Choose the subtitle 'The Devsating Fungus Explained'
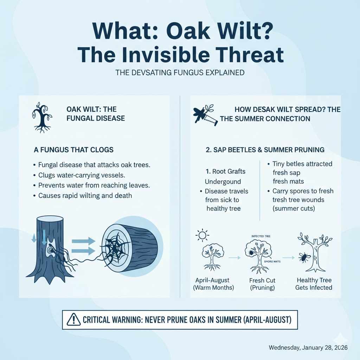tap(180, 73)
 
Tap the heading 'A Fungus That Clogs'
tap(73, 150)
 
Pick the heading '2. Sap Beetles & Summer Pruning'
tap(264, 150)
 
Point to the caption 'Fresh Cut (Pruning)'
tap(262, 284)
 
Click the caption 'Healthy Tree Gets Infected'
tap(314, 284)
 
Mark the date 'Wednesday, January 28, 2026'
tap(308, 347)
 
